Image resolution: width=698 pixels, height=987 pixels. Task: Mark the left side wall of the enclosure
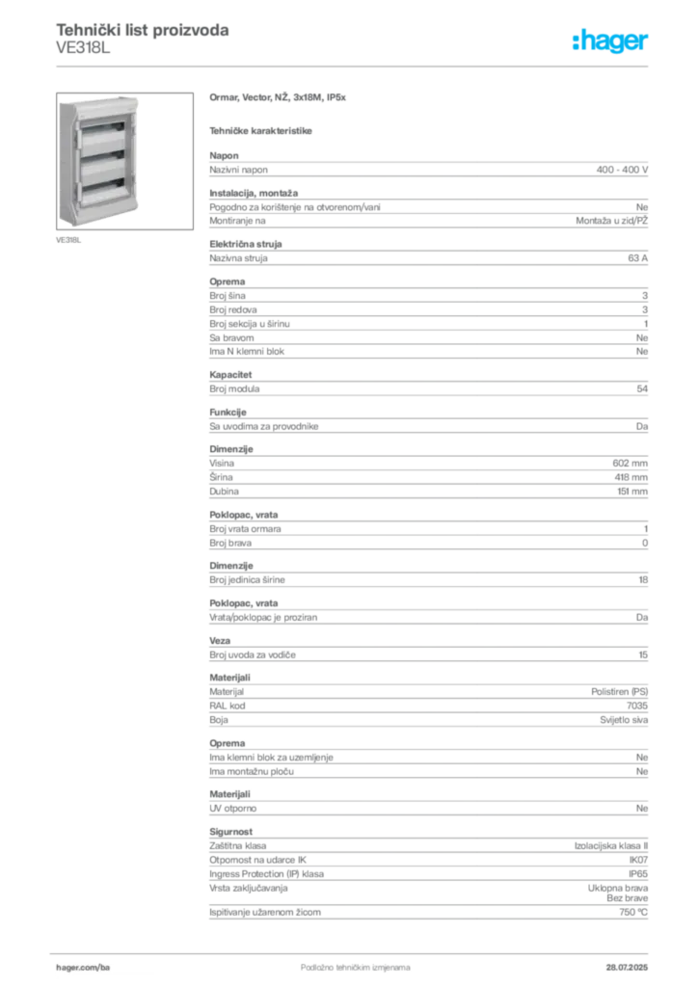point(65,159)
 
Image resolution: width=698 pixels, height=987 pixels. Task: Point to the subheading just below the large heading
point(262,129)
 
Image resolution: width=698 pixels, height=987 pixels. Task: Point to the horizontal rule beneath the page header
point(355,67)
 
